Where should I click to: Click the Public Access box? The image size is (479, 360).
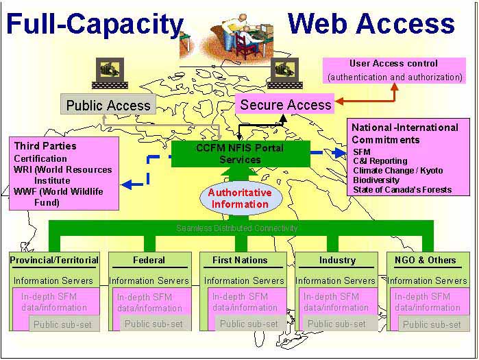(x=108, y=105)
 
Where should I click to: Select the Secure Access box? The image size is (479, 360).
(x=286, y=104)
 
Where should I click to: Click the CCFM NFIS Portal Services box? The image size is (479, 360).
(x=240, y=153)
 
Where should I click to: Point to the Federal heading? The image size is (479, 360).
(x=149, y=260)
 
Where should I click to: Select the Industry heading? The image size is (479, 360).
(x=336, y=260)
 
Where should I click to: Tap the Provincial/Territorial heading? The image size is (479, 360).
(x=54, y=260)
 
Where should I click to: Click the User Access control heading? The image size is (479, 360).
(x=393, y=64)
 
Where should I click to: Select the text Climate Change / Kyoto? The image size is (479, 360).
(x=397, y=170)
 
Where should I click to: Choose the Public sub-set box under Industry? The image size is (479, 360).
(x=336, y=324)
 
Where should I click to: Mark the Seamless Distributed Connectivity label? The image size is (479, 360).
(x=237, y=228)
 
